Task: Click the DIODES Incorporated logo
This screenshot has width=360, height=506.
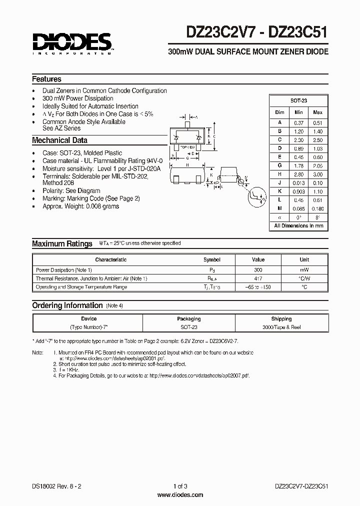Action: pyautogui.click(x=72, y=42)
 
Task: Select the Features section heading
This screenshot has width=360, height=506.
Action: pyautogui.click(x=46, y=79)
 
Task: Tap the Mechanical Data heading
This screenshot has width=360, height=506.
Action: pyautogui.click(x=59, y=140)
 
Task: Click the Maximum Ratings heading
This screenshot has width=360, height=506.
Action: pyautogui.click(x=62, y=243)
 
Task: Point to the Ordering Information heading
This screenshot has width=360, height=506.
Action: pyautogui.click(x=67, y=305)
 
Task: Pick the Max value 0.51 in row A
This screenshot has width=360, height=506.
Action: pyautogui.click(x=317, y=122)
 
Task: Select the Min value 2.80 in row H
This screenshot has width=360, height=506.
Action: pyautogui.click(x=298, y=175)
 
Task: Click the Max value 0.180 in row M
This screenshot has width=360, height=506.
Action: pyautogui.click(x=317, y=208)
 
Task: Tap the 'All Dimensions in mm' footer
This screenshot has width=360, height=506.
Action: pyautogui.click(x=298, y=226)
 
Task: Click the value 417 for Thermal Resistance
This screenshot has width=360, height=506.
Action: pyautogui.click(x=258, y=278)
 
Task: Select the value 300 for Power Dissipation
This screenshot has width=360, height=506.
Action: pyautogui.click(x=258, y=269)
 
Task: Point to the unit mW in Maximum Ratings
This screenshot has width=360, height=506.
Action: pyautogui.click(x=304, y=269)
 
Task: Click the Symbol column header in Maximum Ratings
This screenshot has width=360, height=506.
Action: pyautogui.click(x=211, y=260)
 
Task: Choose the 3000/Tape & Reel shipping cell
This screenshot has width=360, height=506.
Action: pyautogui.click(x=281, y=327)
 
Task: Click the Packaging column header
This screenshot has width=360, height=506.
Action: pyautogui.click(x=188, y=318)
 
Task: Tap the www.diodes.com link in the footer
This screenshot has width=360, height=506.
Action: pyautogui.click(x=180, y=495)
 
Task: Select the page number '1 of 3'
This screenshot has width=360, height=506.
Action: pyautogui.click(x=180, y=486)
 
